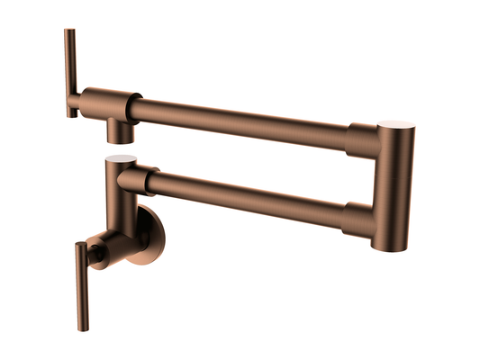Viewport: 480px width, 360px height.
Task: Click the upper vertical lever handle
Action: pyautogui.click(x=70, y=72)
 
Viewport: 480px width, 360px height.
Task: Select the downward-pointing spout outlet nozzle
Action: pyautogui.click(x=119, y=132)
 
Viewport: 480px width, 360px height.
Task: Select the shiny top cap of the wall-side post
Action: pyautogui.click(x=119, y=158)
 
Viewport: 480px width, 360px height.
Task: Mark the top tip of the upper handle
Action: pyautogui.click(x=69, y=31)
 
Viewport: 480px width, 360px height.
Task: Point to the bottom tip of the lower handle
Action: pyautogui.click(x=83, y=326)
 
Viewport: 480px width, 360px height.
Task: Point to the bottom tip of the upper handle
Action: pyautogui.click(x=70, y=114)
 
